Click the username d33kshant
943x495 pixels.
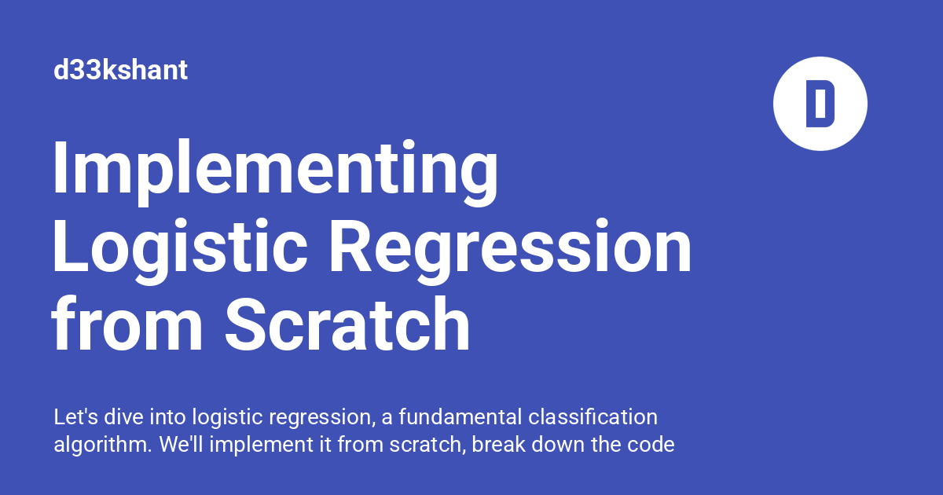coord(120,70)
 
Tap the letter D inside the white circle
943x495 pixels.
coord(820,104)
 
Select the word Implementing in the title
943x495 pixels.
coord(275,173)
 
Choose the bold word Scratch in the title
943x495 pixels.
coord(347,324)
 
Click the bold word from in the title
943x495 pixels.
coord(127,324)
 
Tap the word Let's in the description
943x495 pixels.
coord(75,416)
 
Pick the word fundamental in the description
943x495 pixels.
coord(460,416)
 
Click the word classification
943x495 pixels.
coord(593,416)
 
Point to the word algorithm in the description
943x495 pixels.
coord(102,445)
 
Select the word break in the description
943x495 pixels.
coord(498,445)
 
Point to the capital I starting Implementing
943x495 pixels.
coord(61,168)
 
